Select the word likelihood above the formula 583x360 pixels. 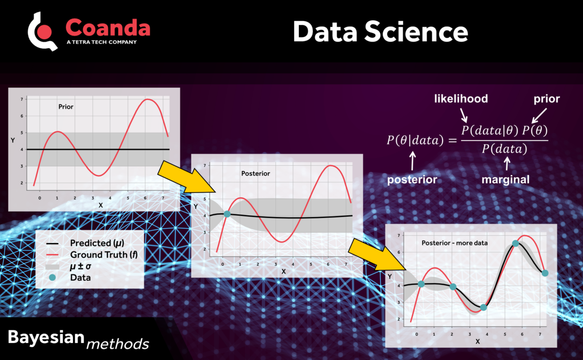coord(461,99)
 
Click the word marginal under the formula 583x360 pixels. coord(505,179)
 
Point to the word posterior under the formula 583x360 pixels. coord(412,179)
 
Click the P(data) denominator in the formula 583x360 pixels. coord(504,149)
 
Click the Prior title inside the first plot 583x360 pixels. coord(66,106)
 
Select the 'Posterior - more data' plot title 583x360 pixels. coord(455,242)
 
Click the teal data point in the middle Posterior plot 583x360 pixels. coord(227,214)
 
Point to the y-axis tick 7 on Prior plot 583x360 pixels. coord(21,100)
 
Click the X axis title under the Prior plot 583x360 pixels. coord(101,205)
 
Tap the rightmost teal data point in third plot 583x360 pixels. coord(545,273)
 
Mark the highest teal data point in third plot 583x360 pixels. coord(515,243)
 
